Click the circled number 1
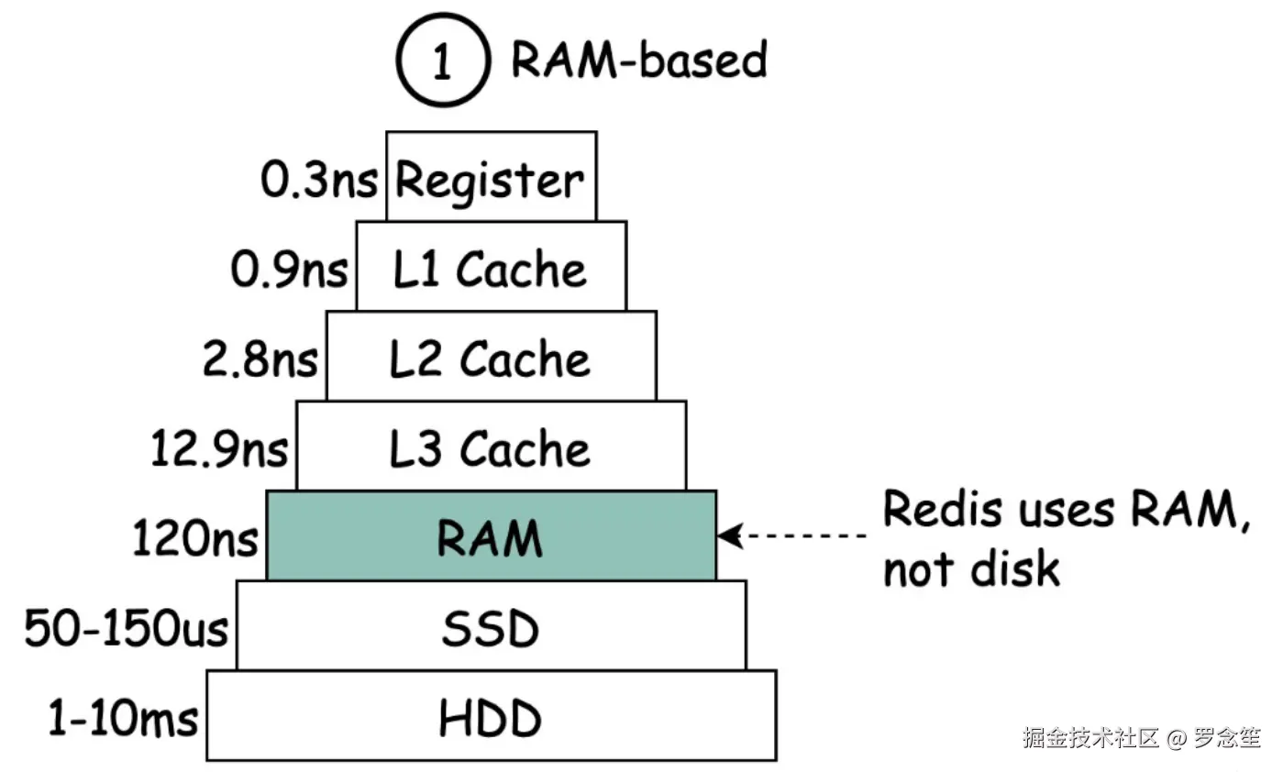point(441,61)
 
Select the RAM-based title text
point(638,61)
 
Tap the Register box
point(491,177)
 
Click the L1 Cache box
point(491,267)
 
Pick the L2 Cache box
point(491,357)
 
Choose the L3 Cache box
point(491,447)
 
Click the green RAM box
point(491,536)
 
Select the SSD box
point(491,626)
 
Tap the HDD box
point(491,717)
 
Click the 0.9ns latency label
point(289,270)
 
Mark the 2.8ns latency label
point(260,359)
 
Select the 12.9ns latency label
point(220,449)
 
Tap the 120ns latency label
point(195,538)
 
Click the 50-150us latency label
point(127,629)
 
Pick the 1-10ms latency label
point(123,719)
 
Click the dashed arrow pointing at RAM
point(792,535)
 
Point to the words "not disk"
point(971,568)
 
